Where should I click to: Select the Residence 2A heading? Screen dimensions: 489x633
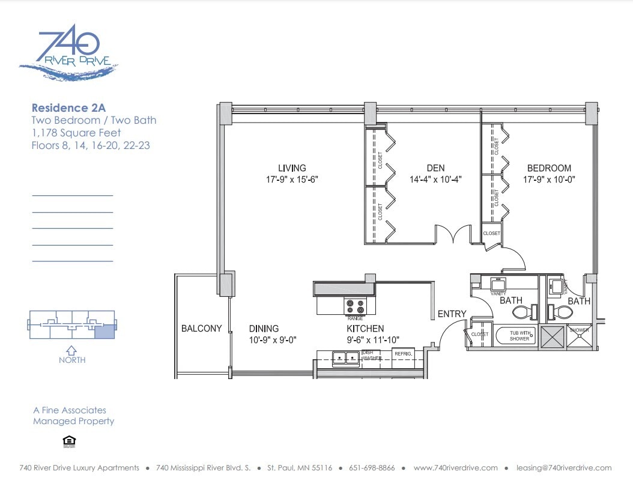pyautogui.click(x=68, y=108)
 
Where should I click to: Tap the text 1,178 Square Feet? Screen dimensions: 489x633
pyautogui.click(x=76, y=133)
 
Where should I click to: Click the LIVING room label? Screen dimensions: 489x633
pyautogui.click(x=292, y=168)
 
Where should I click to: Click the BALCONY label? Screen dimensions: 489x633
pyautogui.click(x=202, y=329)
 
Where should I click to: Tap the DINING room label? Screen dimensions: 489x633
pyautogui.click(x=264, y=329)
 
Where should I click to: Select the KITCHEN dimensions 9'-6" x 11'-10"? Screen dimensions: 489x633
pyautogui.click(x=373, y=340)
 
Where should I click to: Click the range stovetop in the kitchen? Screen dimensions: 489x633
pyautogui.click(x=354, y=306)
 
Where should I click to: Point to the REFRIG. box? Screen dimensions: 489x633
pyautogui.click(x=403, y=354)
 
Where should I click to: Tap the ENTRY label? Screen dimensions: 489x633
pyautogui.click(x=452, y=314)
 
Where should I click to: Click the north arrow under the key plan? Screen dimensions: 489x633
pyautogui.click(x=71, y=350)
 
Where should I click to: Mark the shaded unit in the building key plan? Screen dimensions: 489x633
pyautogui.click(x=103, y=329)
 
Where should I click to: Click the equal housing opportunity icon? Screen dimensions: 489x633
pyautogui.click(x=69, y=442)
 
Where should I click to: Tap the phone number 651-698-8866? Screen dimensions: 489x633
pyautogui.click(x=369, y=468)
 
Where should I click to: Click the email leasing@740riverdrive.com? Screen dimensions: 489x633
pyautogui.click(x=564, y=468)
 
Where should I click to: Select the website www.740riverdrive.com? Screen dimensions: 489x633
pyautogui.click(x=456, y=468)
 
